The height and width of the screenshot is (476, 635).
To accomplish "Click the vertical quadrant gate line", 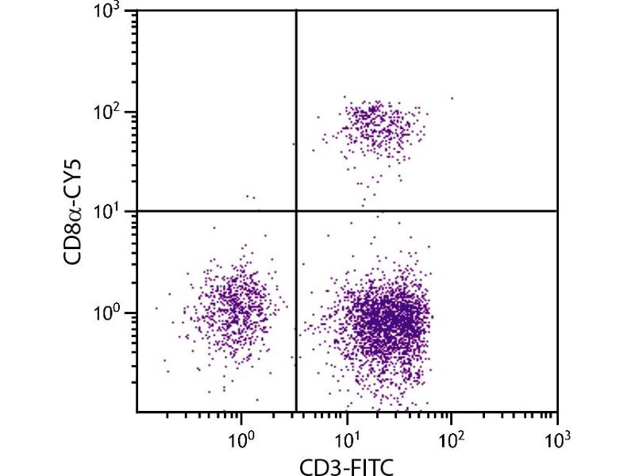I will click(x=296, y=119).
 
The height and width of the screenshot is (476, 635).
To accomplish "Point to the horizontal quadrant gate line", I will click(x=437, y=210).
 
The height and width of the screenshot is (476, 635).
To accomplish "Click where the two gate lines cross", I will click(x=296, y=210).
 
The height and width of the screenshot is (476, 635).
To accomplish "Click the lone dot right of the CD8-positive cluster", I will click(x=452, y=98).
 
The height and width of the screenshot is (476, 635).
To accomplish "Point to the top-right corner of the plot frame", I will click(x=557, y=10).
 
